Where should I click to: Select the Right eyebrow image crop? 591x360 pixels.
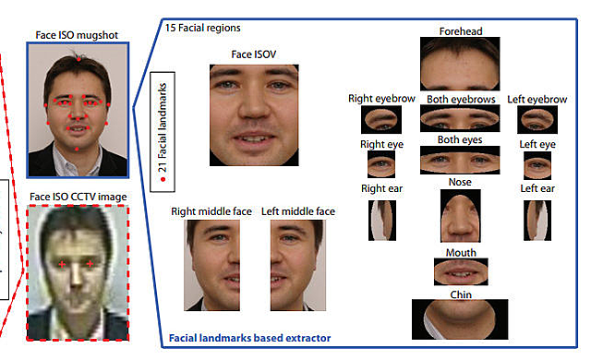point(380,118)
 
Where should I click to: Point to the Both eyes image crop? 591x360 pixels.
point(460,161)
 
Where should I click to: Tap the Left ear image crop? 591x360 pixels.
point(537,220)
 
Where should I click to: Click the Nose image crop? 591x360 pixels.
point(459,215)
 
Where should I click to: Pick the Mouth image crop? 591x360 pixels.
point(460,271)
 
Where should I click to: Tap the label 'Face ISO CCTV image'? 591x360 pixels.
point(78,197)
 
